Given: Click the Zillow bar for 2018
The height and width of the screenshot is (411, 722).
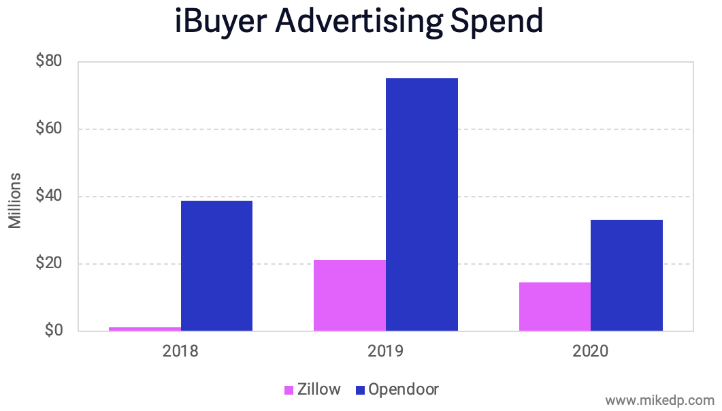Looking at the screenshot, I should [x=145, y=329].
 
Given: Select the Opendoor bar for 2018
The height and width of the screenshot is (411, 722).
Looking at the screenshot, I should [x=216, y=266].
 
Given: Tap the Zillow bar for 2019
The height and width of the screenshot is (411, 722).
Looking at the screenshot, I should [x=350, y=295].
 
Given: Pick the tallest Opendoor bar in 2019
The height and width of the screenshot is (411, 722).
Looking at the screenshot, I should [x=422, y=205].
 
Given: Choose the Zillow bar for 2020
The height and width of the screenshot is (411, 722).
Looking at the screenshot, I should [x=555, y=307].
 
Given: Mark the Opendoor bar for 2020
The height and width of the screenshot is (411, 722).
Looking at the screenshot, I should [x=627, y=276].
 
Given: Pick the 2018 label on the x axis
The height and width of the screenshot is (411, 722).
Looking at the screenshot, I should [x=180, y=352].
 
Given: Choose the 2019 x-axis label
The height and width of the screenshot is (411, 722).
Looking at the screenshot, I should [x=386, y=352].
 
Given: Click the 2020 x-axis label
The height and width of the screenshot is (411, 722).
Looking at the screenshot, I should [x=591, y=352].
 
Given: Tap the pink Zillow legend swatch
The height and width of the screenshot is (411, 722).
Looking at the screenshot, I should [x=289, y=390].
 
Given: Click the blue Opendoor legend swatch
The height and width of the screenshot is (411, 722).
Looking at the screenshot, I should [x=360, y=390].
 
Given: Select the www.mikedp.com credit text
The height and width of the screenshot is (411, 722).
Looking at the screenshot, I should [x=659, y=399].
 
